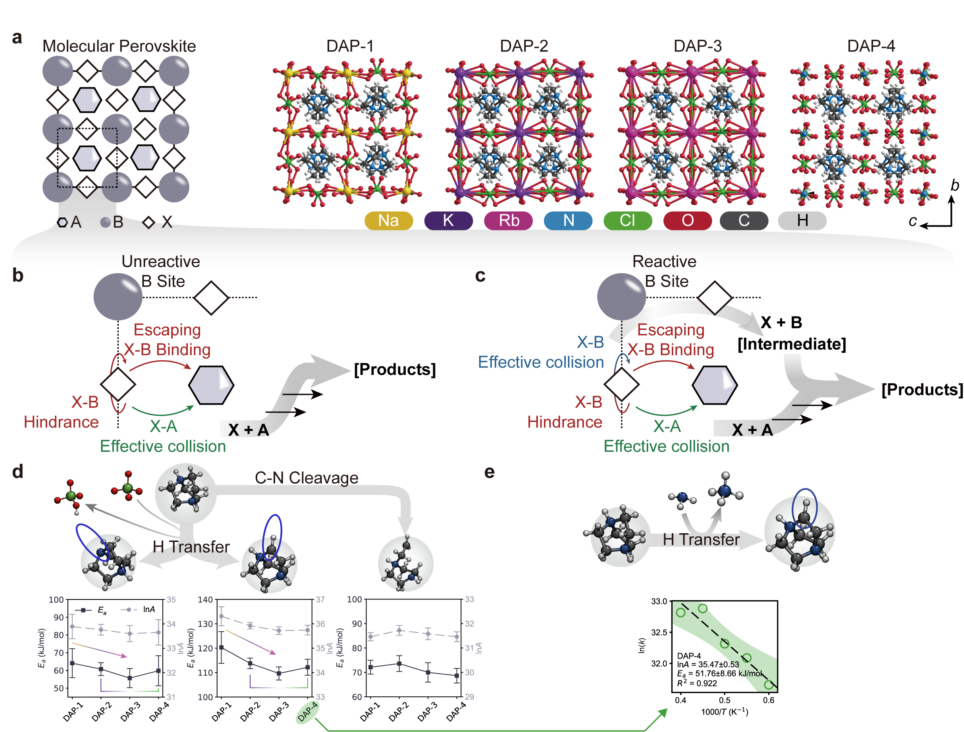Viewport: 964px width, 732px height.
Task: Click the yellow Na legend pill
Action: pyautogui.click(x=388, y=221)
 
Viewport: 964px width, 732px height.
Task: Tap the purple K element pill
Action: pyautogui.click(x=448, y=221)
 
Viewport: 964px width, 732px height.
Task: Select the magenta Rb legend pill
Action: pyautogui.click(x=508, y=221)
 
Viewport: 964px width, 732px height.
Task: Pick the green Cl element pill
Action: pyautogui.click(x=627, y=221)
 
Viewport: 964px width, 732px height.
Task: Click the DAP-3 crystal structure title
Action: pyautogui.click(x=698, y=46)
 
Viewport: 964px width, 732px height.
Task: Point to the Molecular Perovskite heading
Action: pyautogui.click(x=119, y=46)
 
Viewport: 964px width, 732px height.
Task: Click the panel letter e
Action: pyautogui.click(x=489, y=472)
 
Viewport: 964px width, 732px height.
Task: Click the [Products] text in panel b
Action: pyautogui.click(x=395, y=369)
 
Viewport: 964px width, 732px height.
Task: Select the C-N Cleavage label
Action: pyautogui.click(x=307, y=478)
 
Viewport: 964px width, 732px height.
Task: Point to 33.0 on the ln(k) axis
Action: pyautogui.click(x=659, y=602)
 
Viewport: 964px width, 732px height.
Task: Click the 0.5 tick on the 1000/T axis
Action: pyautogui.click(x=725, y=701)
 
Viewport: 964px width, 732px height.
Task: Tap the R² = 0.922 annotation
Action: pyautogui.click(x=697, y=683)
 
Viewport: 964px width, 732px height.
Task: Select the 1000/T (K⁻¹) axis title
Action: pyautogui.click(x=725, y=712)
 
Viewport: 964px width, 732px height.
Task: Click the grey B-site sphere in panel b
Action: pyautogui.click(x=118, y=297)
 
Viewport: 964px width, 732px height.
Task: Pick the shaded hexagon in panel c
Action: pyautogui.click(x=715, y=385)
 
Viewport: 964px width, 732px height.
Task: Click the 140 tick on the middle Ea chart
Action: pyautogui.click(x=205, y=600)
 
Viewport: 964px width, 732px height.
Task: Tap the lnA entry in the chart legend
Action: pyautogui.click(x=148, y=609)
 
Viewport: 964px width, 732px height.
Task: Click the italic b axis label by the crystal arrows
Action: pyautogui.click(x=955, y=186)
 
